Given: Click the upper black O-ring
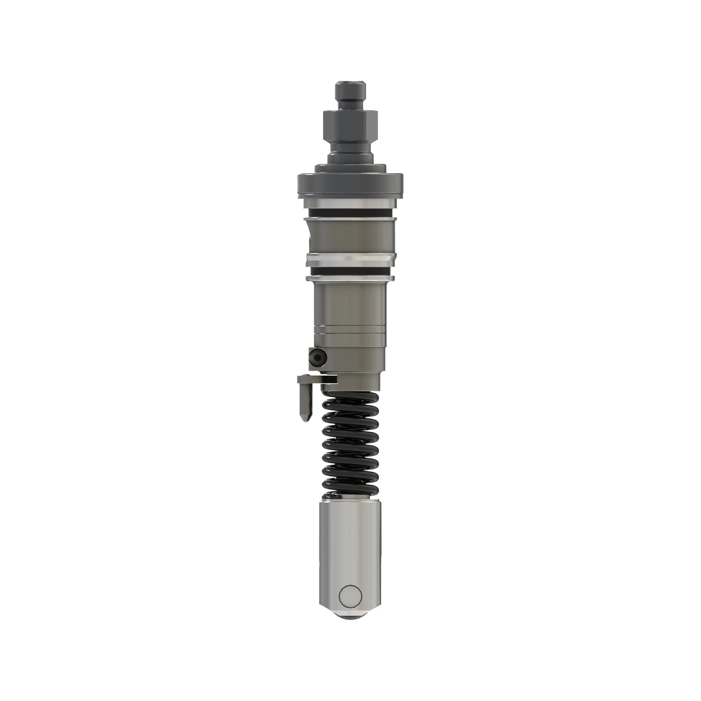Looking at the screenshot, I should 350,213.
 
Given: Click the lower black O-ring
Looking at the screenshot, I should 350,271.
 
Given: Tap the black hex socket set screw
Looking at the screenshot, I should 318,358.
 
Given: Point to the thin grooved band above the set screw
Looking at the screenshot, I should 350,330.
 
